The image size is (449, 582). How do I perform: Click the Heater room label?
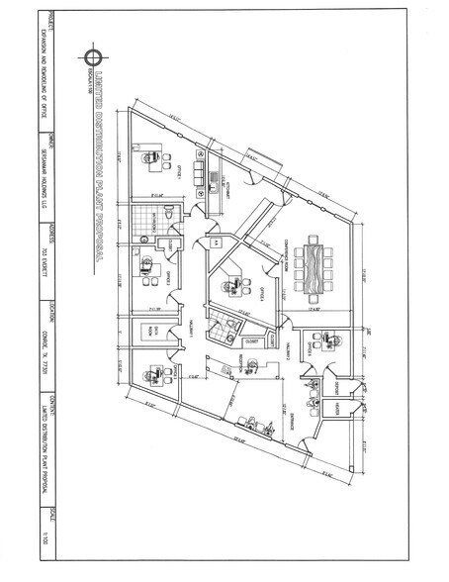337,407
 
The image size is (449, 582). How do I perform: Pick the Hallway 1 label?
177,329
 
